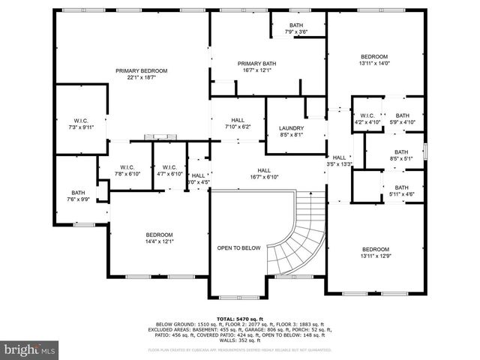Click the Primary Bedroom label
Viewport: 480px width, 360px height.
[x=141, y=74]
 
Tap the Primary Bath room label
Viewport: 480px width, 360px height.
[x=257, y=67]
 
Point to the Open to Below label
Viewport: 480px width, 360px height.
[x=238, y=247]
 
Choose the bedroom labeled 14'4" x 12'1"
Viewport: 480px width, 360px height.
[x=159, y=238]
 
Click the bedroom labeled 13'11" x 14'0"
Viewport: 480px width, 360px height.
[x=373, y=61]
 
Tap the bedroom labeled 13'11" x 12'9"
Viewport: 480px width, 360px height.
[x=375, y=253]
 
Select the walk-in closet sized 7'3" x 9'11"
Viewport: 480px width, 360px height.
[x=81, y=124]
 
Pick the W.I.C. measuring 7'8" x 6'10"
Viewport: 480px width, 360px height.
[x=125, y=170]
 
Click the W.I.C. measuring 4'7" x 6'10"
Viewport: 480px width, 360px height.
[x=169, y=170]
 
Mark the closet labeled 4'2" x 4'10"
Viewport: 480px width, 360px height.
[x=367, y=118]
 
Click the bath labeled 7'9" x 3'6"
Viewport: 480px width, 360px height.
[x=297, y=28]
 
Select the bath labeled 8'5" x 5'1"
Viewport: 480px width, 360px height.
[x=402, y=155]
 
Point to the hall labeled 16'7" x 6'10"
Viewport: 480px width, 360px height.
[x=264, y=174]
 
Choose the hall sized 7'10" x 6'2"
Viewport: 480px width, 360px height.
[x=238, y=124]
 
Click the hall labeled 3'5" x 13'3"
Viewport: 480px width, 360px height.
[x=340, y=160]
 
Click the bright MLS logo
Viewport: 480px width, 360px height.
[x=30, y=349]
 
